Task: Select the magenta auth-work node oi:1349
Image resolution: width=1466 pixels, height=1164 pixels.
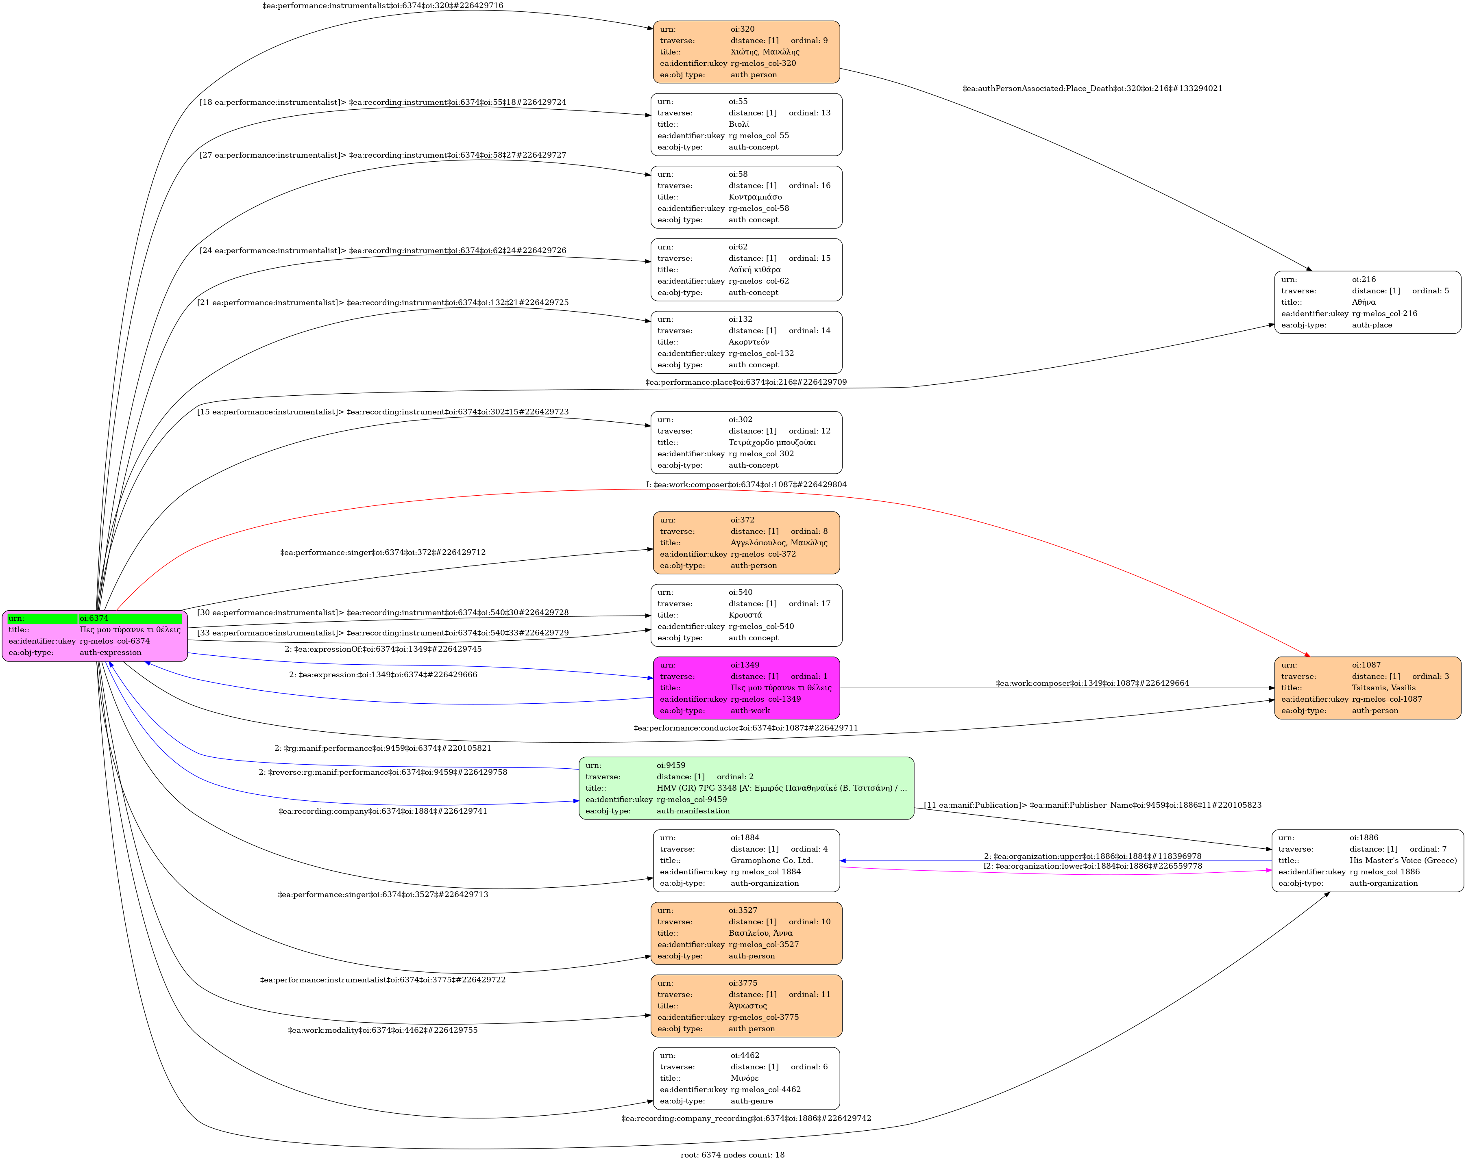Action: point(746,688)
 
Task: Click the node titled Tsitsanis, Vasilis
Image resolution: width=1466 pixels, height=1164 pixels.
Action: point(1368,688)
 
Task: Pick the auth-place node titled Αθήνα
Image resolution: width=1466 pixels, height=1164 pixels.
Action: point(1368,302)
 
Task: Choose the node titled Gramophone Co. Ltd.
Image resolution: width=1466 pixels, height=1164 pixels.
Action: point(746,860)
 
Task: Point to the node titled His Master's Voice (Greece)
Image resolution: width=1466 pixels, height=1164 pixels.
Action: point(1368,860)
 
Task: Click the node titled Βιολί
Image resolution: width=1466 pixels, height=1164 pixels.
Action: point(746,124)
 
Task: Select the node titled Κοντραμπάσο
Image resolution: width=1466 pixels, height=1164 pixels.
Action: point(746,197)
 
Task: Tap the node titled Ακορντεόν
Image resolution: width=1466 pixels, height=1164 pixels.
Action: point(746,342)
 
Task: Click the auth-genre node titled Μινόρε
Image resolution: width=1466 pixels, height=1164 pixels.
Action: point(746,1078)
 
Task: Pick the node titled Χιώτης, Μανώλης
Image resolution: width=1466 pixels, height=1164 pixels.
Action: point(746,52)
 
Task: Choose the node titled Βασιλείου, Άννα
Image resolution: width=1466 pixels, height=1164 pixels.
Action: point(746,933)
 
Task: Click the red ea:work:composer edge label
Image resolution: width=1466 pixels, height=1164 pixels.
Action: point(746,484)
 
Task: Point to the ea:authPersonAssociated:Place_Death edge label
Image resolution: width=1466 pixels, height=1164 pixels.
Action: point(1092,88)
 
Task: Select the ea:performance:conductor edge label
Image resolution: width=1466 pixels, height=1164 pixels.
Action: point(745,728)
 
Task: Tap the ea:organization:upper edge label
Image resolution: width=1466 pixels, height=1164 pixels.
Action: point(1092,856)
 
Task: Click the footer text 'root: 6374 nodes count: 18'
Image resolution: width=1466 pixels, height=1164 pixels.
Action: point(732,1155)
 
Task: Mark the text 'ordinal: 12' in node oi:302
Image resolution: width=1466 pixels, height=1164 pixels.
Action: point(809,431)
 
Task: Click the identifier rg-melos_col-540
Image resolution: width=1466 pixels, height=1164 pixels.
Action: point(761,626)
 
